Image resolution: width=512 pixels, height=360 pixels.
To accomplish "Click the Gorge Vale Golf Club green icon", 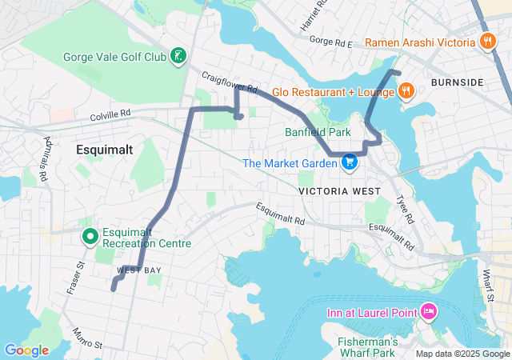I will click(x=180, y=56).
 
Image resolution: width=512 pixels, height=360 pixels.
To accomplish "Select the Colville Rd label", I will click(x=110, y=116).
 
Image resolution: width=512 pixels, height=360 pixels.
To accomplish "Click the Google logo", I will click(x=26, y=350).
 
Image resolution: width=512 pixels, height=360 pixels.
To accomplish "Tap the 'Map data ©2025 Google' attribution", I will click(x=462, y=354).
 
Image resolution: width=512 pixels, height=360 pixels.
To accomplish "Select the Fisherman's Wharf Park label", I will click(x=367, y=346).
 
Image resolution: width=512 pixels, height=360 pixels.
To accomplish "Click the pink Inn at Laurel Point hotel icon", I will click(x=429, y=310).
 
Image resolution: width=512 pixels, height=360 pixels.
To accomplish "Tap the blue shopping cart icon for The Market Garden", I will click(x=350, y=163).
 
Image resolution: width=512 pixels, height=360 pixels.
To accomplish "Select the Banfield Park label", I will click(x=318, y=132).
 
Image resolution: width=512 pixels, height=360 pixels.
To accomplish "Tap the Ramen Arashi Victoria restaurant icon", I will click(x=486, y=42).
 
